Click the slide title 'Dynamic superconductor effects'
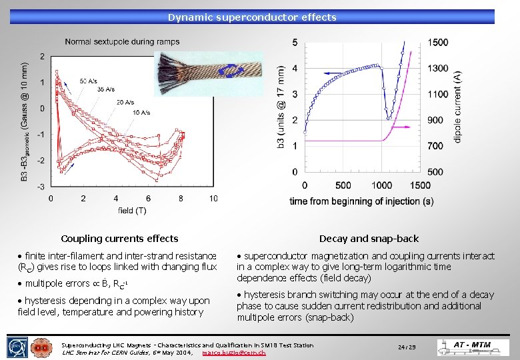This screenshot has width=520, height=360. tap(252, 17)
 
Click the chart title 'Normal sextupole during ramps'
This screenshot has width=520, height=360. tap(122, 42)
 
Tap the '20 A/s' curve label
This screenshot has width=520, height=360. tap(124, 102)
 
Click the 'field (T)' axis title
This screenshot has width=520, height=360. tap(132, 211)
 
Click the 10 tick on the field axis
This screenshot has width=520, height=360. tap(213, 198)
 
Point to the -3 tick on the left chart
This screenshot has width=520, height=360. tap(41, 187)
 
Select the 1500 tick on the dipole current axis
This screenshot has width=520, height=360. tap(437, 43)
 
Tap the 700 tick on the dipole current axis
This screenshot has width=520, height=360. tap(435, 146)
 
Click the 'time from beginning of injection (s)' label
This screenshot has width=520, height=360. tap(361, 201)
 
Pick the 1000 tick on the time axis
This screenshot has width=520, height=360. tap(381, 185)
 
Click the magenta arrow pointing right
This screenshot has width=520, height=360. tap(400, 125)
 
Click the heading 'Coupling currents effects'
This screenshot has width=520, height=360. tap(119, 239)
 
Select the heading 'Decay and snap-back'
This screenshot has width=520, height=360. tap(369, 239)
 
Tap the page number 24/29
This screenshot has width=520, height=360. tap(407, 347)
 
